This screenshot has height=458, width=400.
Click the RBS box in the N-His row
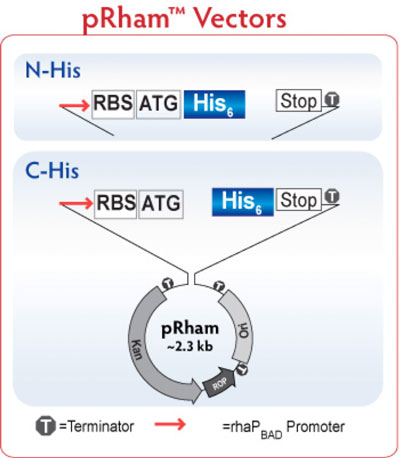113,104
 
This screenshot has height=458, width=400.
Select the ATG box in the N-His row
159,104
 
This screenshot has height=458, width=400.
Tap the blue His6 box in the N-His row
214,104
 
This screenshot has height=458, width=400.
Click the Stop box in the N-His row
298,100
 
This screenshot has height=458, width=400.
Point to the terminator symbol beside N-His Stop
332,99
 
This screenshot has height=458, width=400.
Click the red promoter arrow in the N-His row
75,106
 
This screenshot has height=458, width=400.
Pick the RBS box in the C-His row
115,204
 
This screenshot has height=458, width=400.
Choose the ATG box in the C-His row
161,204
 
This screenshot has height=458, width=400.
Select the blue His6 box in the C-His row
243,202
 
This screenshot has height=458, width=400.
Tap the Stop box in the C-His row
299,200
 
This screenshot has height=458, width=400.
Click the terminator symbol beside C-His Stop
332,197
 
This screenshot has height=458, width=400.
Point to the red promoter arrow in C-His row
76,203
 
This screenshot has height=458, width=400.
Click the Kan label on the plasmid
137,349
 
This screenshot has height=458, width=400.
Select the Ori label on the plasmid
244,331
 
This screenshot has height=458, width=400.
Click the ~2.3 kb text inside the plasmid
190,347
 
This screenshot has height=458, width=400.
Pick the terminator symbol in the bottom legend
46,426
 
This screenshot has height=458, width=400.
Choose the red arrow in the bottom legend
170,424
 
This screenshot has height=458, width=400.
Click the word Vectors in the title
240,18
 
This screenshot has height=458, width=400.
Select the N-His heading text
53,70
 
